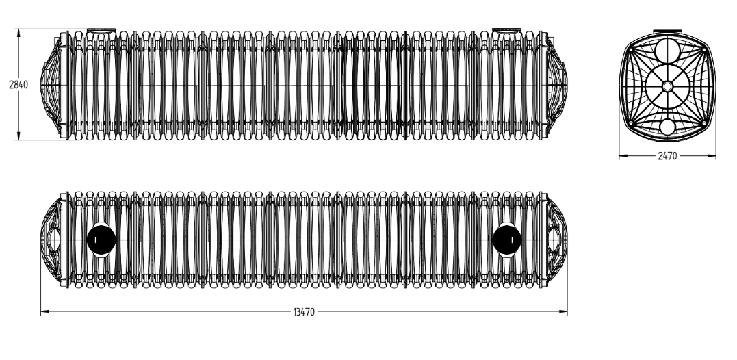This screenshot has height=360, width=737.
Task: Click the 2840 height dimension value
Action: click(18, 85)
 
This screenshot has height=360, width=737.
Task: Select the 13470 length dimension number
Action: click(304, 311)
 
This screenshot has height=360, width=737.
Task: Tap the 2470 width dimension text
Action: click(667, 156)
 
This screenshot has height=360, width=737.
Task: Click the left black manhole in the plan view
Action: click(101, 240)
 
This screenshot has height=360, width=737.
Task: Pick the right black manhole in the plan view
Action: click(506, 240)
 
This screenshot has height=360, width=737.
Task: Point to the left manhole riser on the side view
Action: click(101, 31)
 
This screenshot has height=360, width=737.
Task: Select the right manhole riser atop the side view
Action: click(506, 31)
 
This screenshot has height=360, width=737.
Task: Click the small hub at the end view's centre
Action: click(667, 86)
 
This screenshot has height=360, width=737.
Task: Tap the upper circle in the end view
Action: click(667, 50)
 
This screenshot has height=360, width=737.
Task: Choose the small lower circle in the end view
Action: click(667, 127)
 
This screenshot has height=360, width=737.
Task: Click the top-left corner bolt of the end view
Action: click(631, 49)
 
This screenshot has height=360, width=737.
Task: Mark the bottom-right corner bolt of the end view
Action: click(703, 124)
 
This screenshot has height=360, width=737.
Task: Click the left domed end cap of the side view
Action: click(51, 86)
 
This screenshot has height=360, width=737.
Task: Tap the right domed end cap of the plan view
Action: click(557, 240)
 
